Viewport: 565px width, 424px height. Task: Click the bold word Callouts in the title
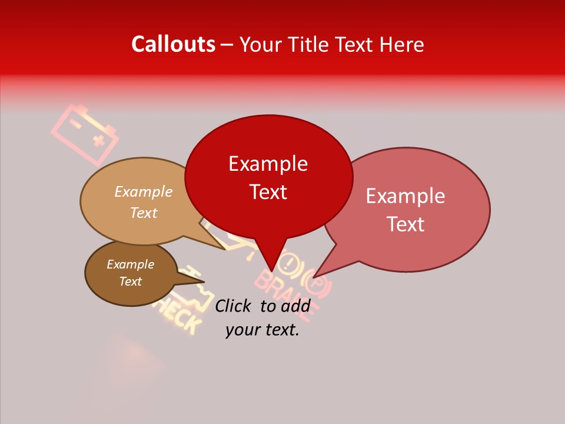[x=173, y=44]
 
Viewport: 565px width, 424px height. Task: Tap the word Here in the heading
[x=400, y=45]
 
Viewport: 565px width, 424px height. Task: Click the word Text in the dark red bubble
[x=268, y=191]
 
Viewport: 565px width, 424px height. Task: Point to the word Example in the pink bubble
[x=406, y=196]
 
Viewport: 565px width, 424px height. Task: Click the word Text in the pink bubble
[x=406, y=224]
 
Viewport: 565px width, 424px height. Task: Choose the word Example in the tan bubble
[x=143, y=191]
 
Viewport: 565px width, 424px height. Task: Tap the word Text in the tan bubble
[x=144, y=213]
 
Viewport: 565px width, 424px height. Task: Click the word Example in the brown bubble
[x=130, y=264]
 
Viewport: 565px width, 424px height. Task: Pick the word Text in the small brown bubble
[x=130, y=281]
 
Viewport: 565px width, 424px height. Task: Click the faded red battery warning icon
[x=85, y=134]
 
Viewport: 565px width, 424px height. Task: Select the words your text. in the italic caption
[x=262, y=330]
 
